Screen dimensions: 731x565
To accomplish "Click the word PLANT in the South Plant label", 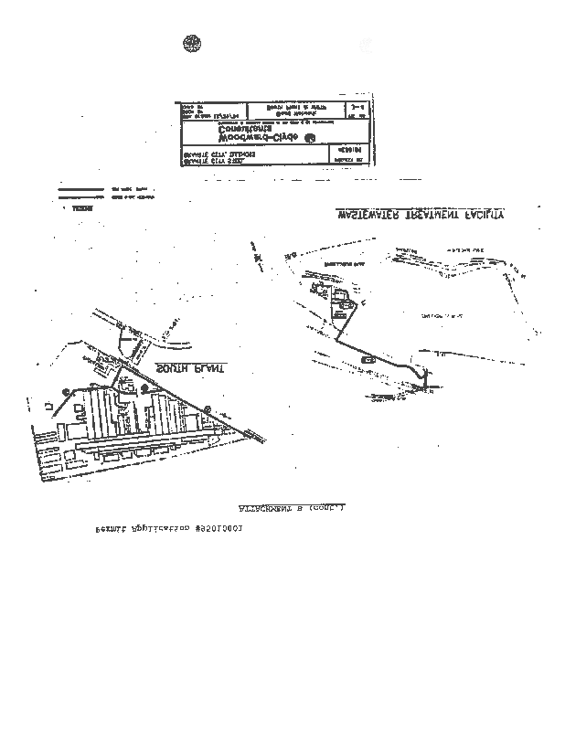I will [172, 367].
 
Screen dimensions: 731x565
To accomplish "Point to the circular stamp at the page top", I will [193, 43].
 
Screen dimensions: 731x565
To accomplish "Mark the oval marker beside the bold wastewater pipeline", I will [368, 360].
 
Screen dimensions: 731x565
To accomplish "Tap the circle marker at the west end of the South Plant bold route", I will [66, 391].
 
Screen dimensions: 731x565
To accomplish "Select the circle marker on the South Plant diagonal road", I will [208, 408].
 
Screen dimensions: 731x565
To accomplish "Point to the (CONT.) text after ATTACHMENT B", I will [327, 506].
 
